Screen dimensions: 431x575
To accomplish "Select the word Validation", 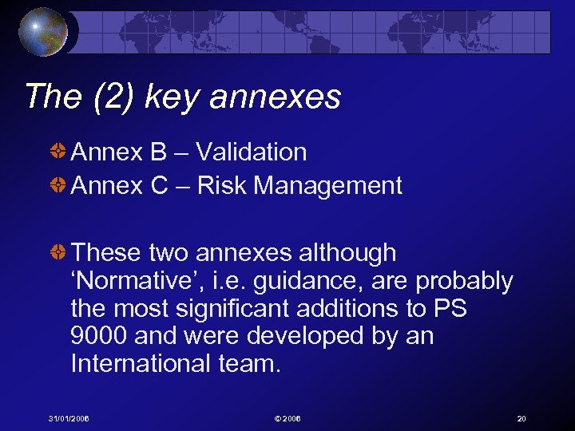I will coord(252,152).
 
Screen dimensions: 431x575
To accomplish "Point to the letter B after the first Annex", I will coord(157,152).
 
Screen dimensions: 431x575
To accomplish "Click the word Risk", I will coord(221,186).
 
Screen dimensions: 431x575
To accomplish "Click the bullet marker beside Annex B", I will coord(57,152).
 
